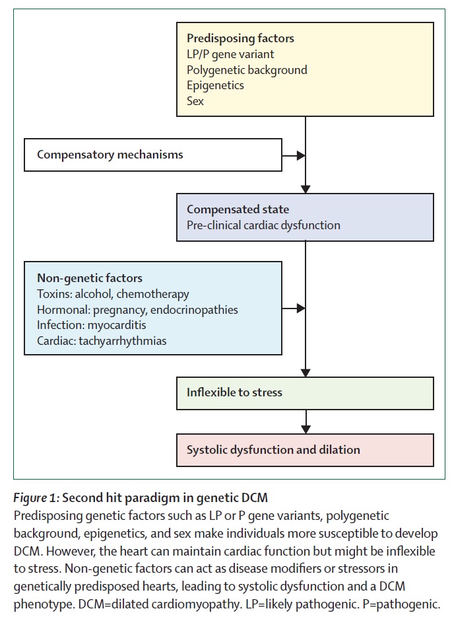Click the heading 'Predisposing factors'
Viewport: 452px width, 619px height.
click(240, 38)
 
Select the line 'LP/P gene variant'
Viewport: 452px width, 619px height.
click(230, 54)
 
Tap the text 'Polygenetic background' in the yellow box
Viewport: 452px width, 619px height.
click(247, 70)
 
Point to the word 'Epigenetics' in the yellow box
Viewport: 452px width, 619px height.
click(215, 85)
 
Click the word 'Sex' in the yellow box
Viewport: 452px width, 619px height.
click(195, 101)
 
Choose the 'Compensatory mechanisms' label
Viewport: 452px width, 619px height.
click(110, 155)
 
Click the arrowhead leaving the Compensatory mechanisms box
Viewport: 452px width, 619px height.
click(301, 155)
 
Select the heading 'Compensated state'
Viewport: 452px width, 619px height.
click(238, 209)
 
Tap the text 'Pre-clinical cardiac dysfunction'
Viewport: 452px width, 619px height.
click(263, 225)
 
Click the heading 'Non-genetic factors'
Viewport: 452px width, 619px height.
click(90, 278)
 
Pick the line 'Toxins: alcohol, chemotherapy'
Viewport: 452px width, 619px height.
click(113, 294)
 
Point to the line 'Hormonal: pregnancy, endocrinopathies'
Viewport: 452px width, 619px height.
click(137, 310)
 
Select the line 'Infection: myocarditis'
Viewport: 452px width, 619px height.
click(92, 325)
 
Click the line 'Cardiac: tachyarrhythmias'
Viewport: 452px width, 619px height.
click(102, 341)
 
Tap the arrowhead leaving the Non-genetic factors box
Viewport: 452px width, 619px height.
click(301, 309)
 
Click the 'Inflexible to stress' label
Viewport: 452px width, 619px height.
click(234, 392)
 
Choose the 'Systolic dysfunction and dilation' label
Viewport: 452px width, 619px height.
click(273, 450)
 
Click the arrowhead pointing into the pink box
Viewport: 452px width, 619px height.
click(306, 429)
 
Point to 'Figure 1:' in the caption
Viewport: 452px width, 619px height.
click(36, 498)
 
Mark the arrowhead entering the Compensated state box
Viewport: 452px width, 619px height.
click(306, 189)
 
